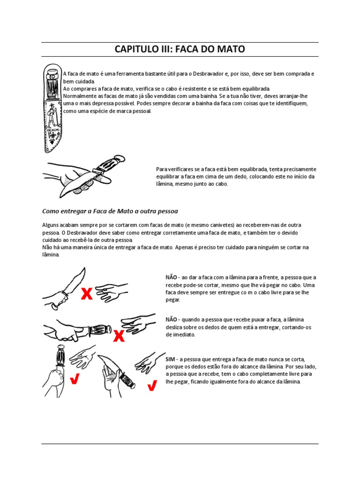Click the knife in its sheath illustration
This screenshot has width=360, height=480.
[52, 108]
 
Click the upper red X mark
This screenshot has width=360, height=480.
[87, 293]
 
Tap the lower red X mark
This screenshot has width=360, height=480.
[119, 336]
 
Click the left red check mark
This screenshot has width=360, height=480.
[75, 379]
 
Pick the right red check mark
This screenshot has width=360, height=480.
[152, 385]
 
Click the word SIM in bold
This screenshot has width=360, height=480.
[171, 359]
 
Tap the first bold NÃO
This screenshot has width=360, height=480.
[171, 277]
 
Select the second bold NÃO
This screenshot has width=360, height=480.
[171, 320]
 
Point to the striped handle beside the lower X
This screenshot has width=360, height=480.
[100, 330]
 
